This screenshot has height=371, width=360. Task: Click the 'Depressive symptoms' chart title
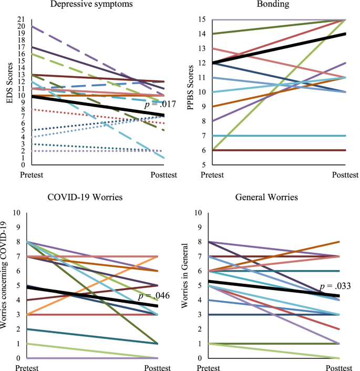coord(92,5)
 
